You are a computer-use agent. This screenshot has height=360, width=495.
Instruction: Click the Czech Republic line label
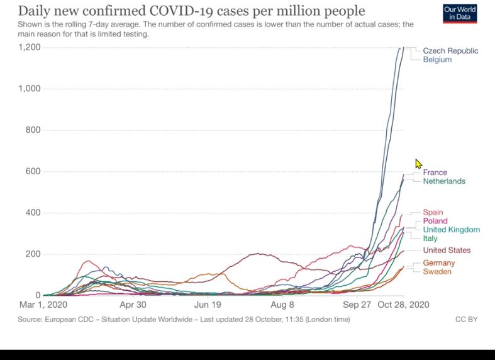pyautogui.click(x=450, y=51)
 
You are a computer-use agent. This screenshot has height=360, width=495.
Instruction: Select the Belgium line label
pyautogui.click(x=437, y=60)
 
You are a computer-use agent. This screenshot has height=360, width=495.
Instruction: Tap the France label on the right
pyautogui.click(x=435, y=172)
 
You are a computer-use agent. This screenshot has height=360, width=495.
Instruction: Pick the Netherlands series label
pyautogui.click(x=444, y=181)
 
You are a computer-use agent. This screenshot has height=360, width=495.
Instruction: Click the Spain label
pyautogui.click(x=433, y=213)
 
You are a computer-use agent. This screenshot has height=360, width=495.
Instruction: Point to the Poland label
pyautogui.click(x=435, y=221)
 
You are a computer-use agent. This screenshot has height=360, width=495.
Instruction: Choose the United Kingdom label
pyautogui.click(x=451, y=230)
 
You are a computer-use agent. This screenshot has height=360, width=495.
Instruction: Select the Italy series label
pyautogui.click(x=430, y=239)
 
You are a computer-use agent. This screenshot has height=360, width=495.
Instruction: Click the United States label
pyautogui.click(x=447, y=250)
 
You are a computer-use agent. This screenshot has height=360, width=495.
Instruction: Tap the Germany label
pyautogui.click(x=438, y=263)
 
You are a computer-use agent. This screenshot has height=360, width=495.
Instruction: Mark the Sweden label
pyautogui.click(x=437, y=272)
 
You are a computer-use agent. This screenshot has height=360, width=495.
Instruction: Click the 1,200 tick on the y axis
pyautogui.click(x=29, y=47)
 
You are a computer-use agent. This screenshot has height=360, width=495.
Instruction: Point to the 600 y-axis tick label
pyautogui.click(x=33, y=171)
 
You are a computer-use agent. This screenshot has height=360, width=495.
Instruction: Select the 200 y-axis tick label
pyautogui.click(x=33, y=254)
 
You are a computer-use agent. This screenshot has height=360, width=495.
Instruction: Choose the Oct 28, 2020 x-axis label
pyautogui.click(x=404, y=305)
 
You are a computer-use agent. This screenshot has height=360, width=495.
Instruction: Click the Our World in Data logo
pyautogui.click(x=460, y=13)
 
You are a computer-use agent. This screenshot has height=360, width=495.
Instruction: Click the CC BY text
pyautogui.click(x=466, y=320)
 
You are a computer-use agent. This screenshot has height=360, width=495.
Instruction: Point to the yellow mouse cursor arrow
pyautogui.click(x=418, y=164)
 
